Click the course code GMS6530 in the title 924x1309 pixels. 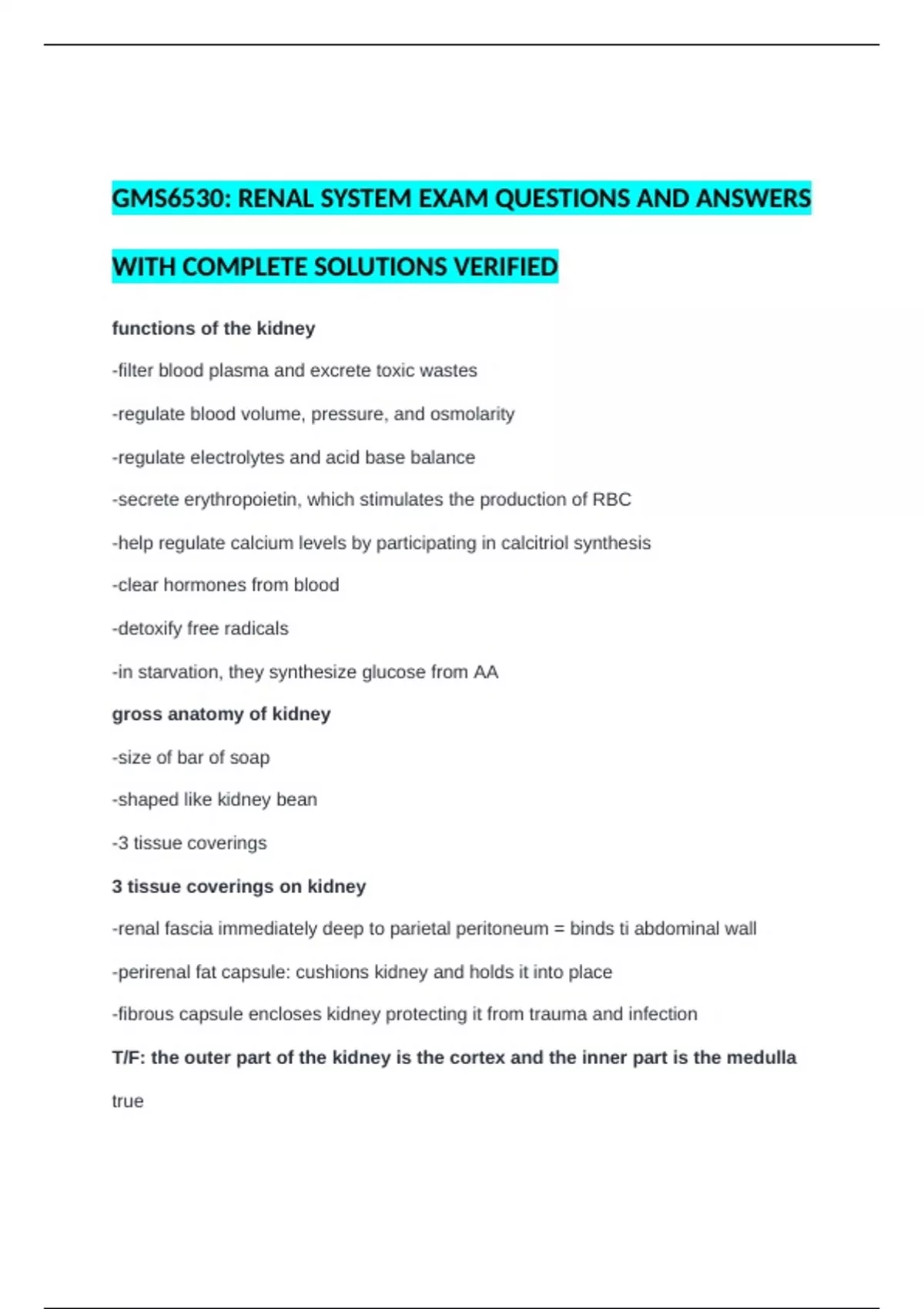coord(169,199)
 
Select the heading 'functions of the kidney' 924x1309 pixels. coord(213,328)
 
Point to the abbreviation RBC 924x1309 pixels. coord(611,500)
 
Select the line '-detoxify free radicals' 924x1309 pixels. coord(200,628)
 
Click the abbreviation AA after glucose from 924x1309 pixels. coord(486,672)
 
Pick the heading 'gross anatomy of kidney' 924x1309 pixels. coord(221,714)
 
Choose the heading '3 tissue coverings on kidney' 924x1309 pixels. coord(239,886)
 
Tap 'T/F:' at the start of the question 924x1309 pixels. coord(129,1057)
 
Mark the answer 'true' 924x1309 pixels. coord(128,1101)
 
